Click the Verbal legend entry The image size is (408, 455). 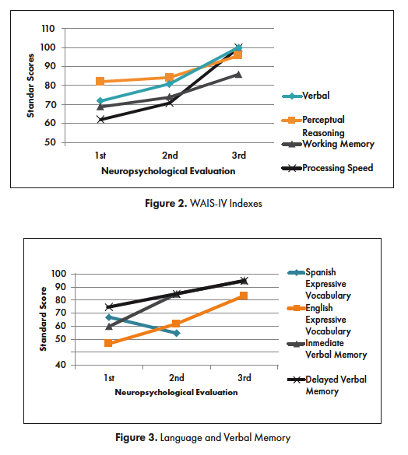306,96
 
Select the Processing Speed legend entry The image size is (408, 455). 327,168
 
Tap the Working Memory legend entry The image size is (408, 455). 328,144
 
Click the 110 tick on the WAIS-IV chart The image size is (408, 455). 48,29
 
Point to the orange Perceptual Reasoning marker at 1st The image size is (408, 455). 100,81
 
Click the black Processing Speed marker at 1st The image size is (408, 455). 100,119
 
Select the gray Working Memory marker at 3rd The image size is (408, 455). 238,75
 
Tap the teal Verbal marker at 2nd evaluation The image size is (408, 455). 170,84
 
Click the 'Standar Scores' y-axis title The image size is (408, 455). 30,86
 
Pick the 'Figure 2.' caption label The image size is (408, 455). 166,203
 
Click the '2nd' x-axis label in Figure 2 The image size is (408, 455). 170,156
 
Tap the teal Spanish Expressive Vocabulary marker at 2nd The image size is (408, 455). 177,333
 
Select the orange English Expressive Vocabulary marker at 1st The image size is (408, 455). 108,343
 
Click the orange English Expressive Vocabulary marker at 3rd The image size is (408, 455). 244,296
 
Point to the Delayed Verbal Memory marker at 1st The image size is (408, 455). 109,306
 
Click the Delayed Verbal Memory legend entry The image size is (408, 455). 327,385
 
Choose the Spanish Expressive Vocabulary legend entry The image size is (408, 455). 319,284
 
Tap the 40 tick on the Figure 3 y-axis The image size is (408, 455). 61,365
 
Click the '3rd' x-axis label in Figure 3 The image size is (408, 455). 244,378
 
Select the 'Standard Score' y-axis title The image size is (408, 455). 43,319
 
